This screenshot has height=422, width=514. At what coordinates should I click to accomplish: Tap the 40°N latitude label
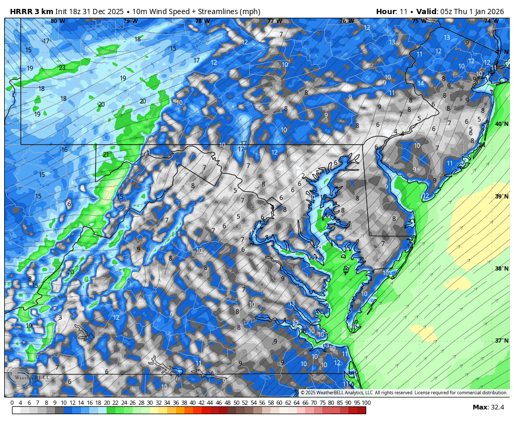pyautogui.click(x=501, y=124)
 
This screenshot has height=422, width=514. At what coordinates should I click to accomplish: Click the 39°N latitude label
pyautogui.click(x=501, y=196)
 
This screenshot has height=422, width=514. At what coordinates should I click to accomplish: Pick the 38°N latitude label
pyautogui.click(x=501, y=268)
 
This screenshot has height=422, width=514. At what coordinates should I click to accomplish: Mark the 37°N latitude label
pyautogui.click(x=501, y=341)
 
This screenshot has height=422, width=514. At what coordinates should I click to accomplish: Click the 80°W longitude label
pyautogui.click(x=57, y=21)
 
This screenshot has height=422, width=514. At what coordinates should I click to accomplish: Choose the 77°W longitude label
pyautogui.click(x=274, y=21)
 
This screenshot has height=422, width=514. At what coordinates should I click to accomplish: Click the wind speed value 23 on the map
pyautogui.click(x=62, y=68)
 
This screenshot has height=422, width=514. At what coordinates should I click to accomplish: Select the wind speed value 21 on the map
pyautogui.click(x=106, y=155)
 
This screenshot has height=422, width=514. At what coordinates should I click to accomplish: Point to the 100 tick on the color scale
pyautogui.click(x=366, y=403)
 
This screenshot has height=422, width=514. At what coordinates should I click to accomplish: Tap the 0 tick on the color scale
pyautogui.click(x=12, y=403)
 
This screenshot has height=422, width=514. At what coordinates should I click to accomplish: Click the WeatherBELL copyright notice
pyautogui.click(x=404, y=393)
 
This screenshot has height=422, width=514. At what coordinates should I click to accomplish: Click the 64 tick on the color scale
pyautogui.click(x=296, y=403)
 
